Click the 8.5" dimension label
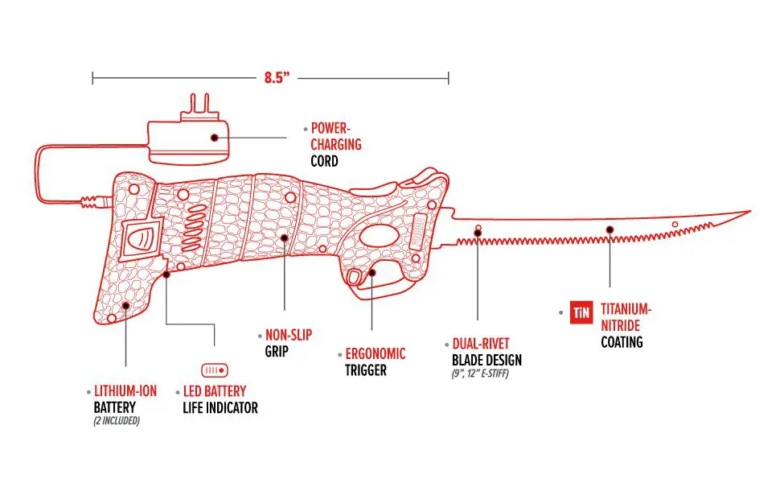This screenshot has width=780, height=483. pyautogui.click(x=277, y=77)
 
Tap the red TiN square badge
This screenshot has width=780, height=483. pyautogui.click(x=581, y=312)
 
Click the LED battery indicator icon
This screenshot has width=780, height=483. pyautogui.click(x=215, y=370)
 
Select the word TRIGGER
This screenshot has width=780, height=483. pyautogui.click(x=366, y=370)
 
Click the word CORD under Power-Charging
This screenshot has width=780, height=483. pyautogui.click(x=324, y=161)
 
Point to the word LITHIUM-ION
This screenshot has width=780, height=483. pyautogui.click(x=125, y=391)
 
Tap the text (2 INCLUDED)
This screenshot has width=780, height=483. pyautogui.click(x=117, y=421)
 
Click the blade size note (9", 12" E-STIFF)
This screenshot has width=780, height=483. pyautogui.click(x=480, y=374)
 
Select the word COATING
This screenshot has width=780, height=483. pyautogui.click(x=622, y=342)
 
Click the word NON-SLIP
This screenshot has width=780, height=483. pyautogui.click(x=289, y=335)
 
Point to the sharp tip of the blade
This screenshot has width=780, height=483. pyautogui.click(x=750, y=211)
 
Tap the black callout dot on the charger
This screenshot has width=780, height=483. pyautogui.click(x=215, y=138)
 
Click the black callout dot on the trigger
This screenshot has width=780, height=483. pyautogui.click(x=372, y=272)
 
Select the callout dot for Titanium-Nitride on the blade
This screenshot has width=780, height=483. pyautogui.click(x=610, y=229)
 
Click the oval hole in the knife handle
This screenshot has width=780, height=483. pyautogui.click(x=379, y=236)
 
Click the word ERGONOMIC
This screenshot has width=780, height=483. pyautogui.click(x=376, y=354)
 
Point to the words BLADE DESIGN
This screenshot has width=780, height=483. pyautogui.click(x=487, y=360)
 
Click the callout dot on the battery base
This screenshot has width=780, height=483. pyautogui.click(x=126, y=306)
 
